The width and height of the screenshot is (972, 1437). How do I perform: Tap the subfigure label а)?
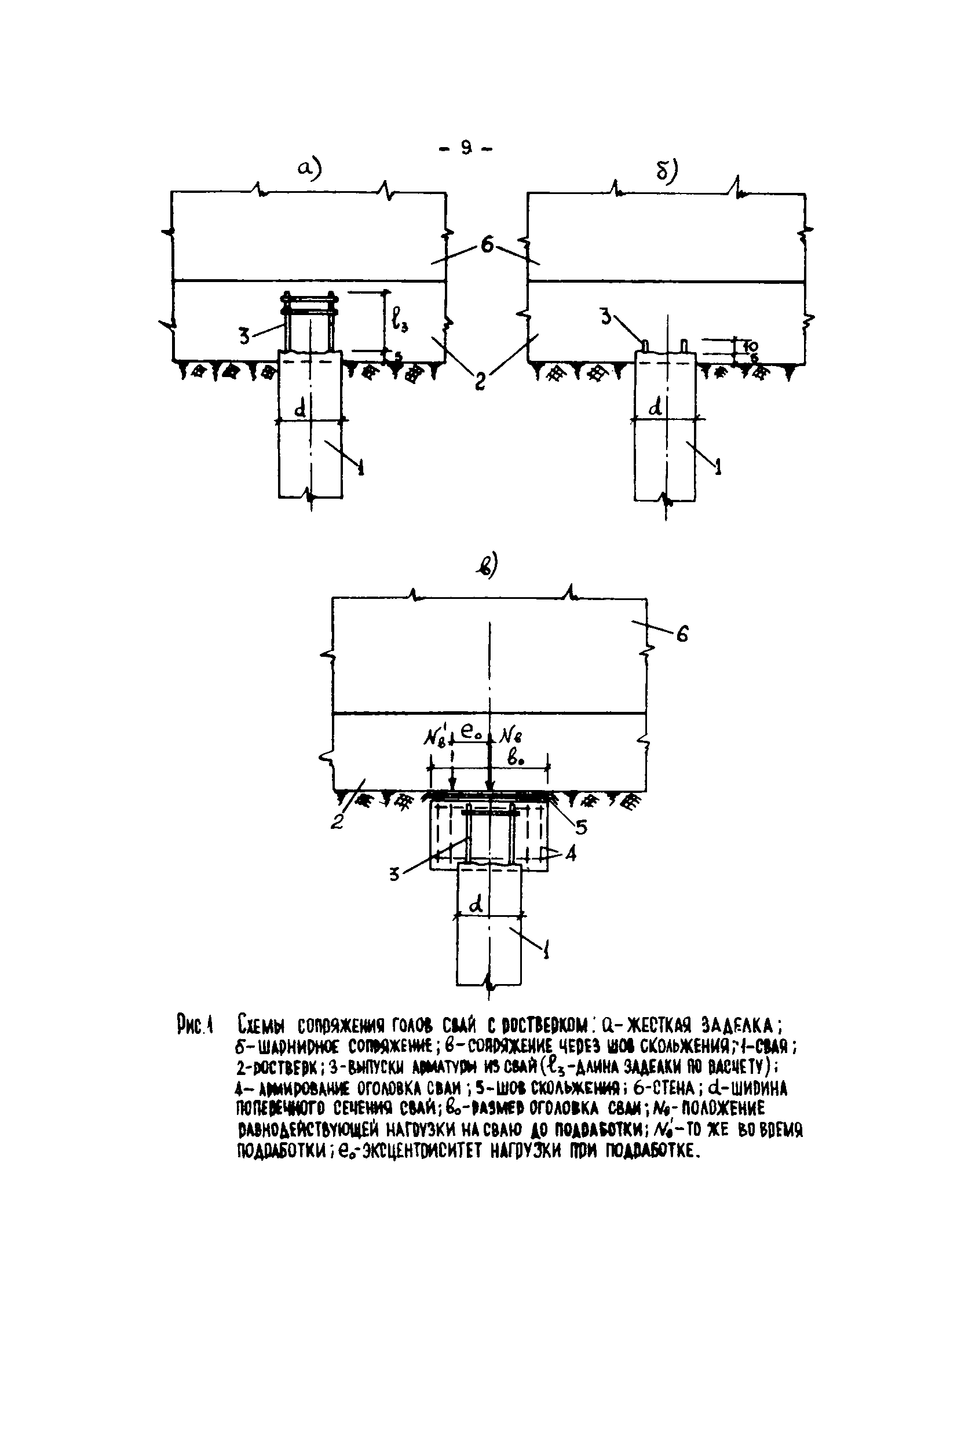pyautogui.click(x=309, y=167)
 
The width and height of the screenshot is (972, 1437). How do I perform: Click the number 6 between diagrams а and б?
pyautogui.click(x=487, y=246)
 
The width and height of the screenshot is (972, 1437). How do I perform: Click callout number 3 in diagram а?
pyautogui.click(x=245, y=337)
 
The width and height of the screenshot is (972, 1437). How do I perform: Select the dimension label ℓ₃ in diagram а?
pyautogui.click(x=401, y=321)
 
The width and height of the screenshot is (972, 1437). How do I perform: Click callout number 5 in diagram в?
pyautogui.click(x=581, y=827)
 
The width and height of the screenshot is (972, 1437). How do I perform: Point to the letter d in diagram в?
pyautogui.click(x=476, y=905)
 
